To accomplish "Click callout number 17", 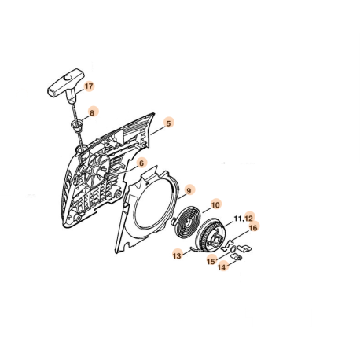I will (x=89, y=86).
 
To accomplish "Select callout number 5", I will (x=168, y=123).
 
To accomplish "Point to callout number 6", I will (x=141, y=163).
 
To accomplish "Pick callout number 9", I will (x=189, y=189).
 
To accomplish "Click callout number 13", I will (x=178, y=255).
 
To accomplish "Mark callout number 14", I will (x=222, y=267).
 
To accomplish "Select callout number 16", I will (x=253, y=229).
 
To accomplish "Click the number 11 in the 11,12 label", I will (x=238, y=217).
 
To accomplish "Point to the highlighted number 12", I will (x=249, y=217).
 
